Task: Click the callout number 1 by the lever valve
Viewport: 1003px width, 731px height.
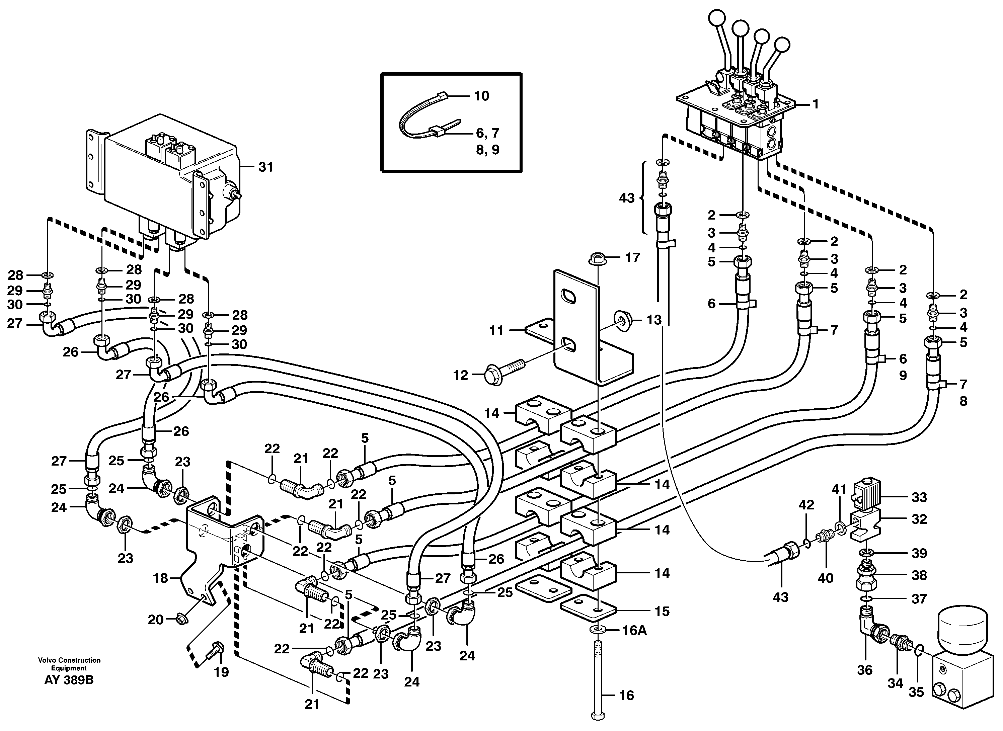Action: coord(815,104)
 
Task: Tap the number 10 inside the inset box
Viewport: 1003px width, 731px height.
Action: coord(482,96)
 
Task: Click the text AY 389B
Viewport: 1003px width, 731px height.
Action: coord(69,680)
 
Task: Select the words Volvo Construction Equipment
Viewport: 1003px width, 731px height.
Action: coord(69,664)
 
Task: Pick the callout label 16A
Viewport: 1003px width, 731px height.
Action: coord(634,631)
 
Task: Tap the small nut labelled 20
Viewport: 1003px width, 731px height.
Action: coord(180,620)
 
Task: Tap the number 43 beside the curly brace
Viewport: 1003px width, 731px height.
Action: coord(626,198)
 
